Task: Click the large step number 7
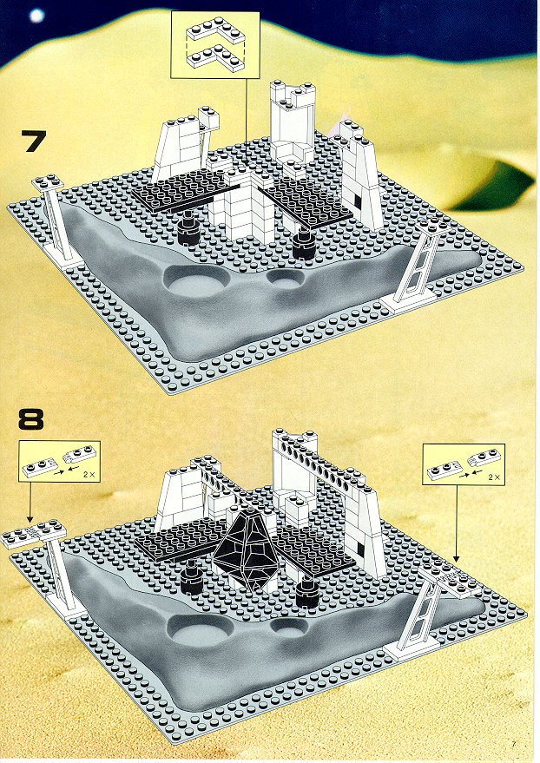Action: coord(34,141)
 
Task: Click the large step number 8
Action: coord(31,419)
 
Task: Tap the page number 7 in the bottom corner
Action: coord(513,743)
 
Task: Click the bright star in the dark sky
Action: coord(37,16)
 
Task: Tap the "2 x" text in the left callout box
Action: coord(88,473)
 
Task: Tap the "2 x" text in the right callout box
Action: coord(493,477)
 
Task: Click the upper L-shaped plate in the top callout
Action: coord(215,31)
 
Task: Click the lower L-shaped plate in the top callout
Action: coord(215,58)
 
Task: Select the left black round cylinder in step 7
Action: coord(188,230)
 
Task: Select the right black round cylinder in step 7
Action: coord(305,245)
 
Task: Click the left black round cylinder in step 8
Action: coord(191,576)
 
